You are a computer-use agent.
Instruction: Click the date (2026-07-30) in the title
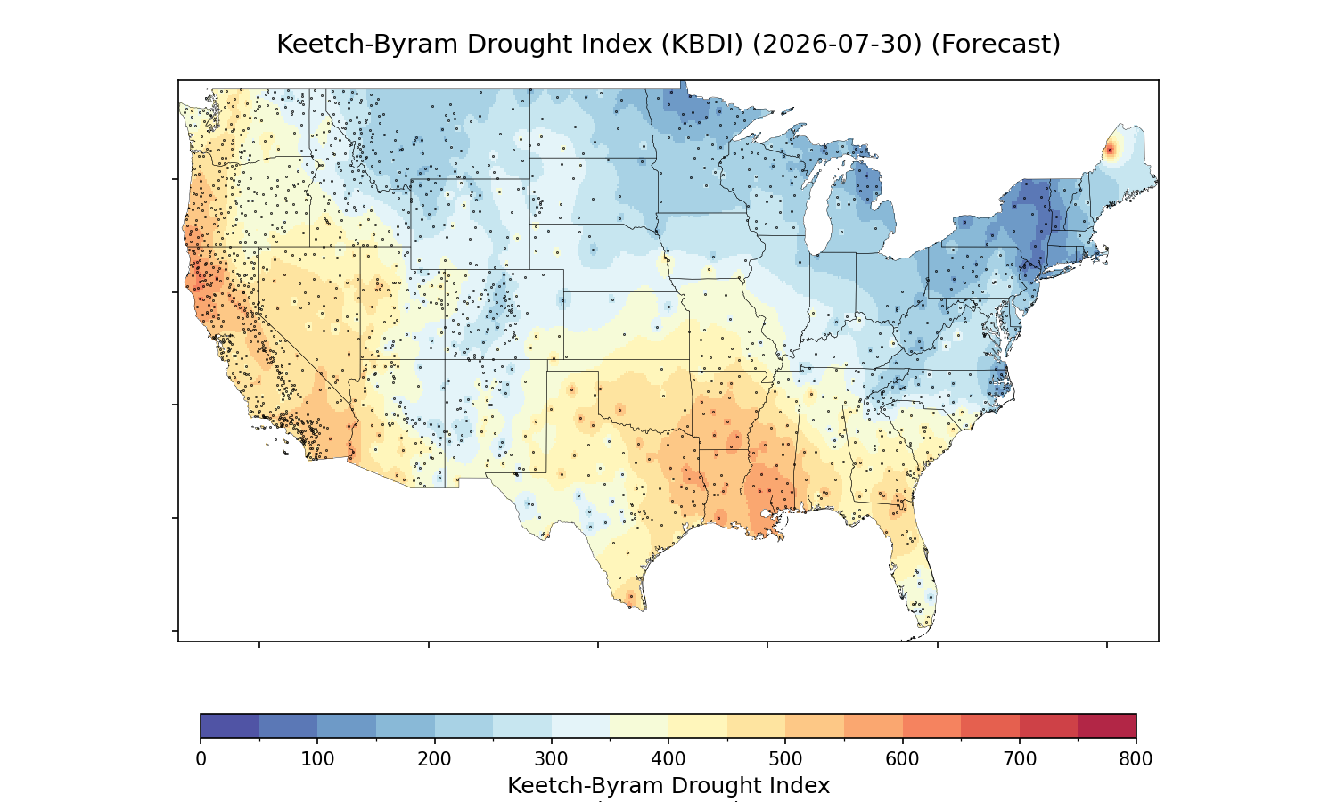[x=837, y=45]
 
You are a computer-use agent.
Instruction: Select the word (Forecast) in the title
[x=996, y=45]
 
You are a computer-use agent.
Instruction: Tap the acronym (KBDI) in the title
[x=702, y=45]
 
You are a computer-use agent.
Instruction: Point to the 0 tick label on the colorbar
[x=201, y=759]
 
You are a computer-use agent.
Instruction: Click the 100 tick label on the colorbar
[x=317, y=759]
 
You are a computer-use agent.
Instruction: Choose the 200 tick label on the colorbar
[x=435, y=759]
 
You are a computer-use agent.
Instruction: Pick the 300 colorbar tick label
[x=552, y=759]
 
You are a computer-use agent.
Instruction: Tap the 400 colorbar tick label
[x=668, y=759]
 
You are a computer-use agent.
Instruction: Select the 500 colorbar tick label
[x=785, y=759]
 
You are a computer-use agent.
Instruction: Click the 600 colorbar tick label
[x=902, y=759]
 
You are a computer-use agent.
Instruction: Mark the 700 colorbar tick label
[x=1020, y=759]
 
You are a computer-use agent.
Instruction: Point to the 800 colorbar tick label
[x=1136, y=759]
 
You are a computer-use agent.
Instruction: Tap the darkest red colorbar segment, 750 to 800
[x=1107, y=725]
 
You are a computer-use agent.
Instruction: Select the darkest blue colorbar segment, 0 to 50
[x=230, y=725]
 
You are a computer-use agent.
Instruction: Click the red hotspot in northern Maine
[x=1111, y=151]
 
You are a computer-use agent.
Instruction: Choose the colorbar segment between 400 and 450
[x=698, y=725]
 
